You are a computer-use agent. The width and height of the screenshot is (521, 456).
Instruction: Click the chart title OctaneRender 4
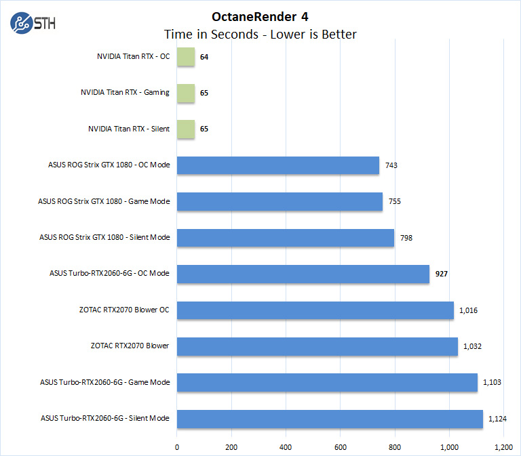[x=260, y=16]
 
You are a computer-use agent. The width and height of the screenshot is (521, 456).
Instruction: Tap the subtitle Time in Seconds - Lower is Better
[x=260, y=34]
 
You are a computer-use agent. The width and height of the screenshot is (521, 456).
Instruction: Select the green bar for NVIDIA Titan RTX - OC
[x=186, y=57]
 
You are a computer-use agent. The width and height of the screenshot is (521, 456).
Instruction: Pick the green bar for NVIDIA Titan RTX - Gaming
[x=186, y=93]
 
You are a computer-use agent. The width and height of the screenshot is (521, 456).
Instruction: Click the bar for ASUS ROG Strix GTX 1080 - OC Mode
[x=278, y=165]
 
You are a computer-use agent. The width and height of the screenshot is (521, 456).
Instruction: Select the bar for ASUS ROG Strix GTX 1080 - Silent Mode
[x=286, y=238]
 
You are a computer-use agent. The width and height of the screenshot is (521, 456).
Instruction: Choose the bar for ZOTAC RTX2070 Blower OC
[x=315, y=310]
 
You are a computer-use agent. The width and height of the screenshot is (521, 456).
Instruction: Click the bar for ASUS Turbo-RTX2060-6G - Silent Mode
[x=330, y=419]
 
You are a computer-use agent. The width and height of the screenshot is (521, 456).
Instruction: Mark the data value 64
[x=204, y=57]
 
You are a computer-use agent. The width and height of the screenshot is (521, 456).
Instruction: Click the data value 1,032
[x=474, y=347]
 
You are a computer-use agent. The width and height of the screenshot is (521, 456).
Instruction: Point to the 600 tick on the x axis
[x=340, y=447]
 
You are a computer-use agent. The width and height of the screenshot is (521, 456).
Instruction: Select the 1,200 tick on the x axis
[x=503, y=447]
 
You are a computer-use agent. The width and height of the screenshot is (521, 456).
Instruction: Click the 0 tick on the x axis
[x=177, y=447]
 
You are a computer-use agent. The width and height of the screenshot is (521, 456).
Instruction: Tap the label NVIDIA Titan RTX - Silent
[x=129, y=129]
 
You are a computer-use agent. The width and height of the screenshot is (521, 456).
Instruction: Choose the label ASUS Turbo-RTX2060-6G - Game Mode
[x=105, y=383]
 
